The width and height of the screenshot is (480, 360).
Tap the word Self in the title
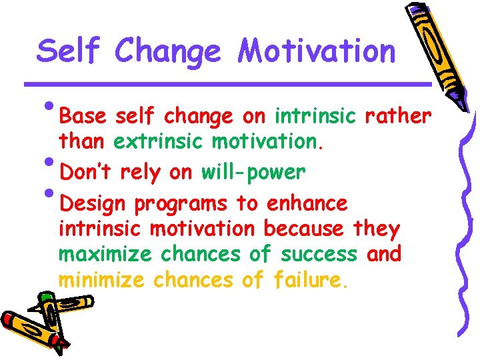(68, 51)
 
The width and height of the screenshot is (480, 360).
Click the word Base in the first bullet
(83, 117)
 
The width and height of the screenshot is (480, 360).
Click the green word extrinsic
(159, 143)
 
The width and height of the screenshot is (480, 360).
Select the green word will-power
(253, 172)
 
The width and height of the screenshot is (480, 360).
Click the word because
(303, 229)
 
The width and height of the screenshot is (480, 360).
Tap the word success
(319, 255)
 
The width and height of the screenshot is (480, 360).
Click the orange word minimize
(101, 281)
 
